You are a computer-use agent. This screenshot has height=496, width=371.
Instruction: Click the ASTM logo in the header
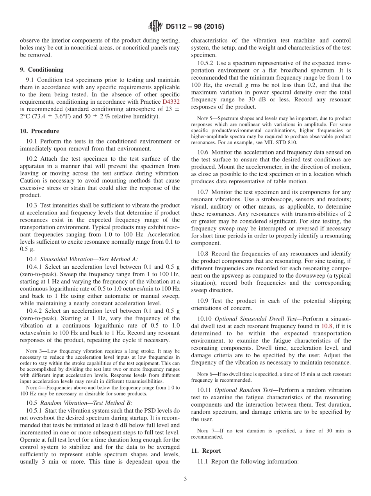click(155, 27)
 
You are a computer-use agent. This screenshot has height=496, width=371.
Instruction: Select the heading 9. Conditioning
click(41, 70)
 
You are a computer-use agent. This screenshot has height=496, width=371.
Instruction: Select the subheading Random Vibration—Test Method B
click(86, 403)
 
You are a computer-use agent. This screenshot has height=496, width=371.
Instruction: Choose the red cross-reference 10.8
click(326, 326)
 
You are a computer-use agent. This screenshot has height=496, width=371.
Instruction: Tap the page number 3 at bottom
click(185, 479)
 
